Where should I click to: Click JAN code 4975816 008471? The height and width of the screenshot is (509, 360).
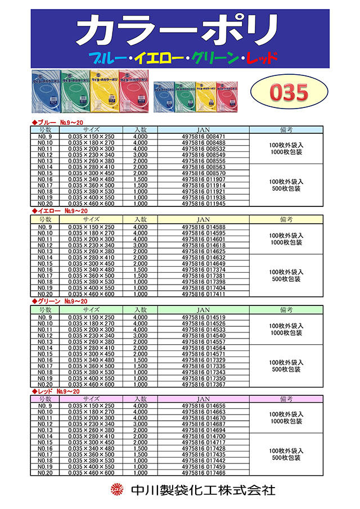click(x=204, y=137)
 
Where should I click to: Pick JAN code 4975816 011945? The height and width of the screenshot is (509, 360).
click(x=204, y=204)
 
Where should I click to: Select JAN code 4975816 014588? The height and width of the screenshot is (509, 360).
click(x=204, y=227)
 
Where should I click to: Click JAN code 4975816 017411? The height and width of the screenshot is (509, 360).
click(x=204, y=294)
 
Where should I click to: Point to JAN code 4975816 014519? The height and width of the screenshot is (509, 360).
click(x=204, y=317)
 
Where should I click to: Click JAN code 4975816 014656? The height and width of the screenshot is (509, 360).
click(x=204, y=406)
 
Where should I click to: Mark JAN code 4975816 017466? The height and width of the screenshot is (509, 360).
click(x=204, y=473)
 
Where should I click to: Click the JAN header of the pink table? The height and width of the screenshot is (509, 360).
click(x=204, y=398)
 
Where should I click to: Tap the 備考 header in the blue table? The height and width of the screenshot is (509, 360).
click(x=286, y=129)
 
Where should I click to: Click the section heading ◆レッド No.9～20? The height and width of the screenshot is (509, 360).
click(x=56, y=391)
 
